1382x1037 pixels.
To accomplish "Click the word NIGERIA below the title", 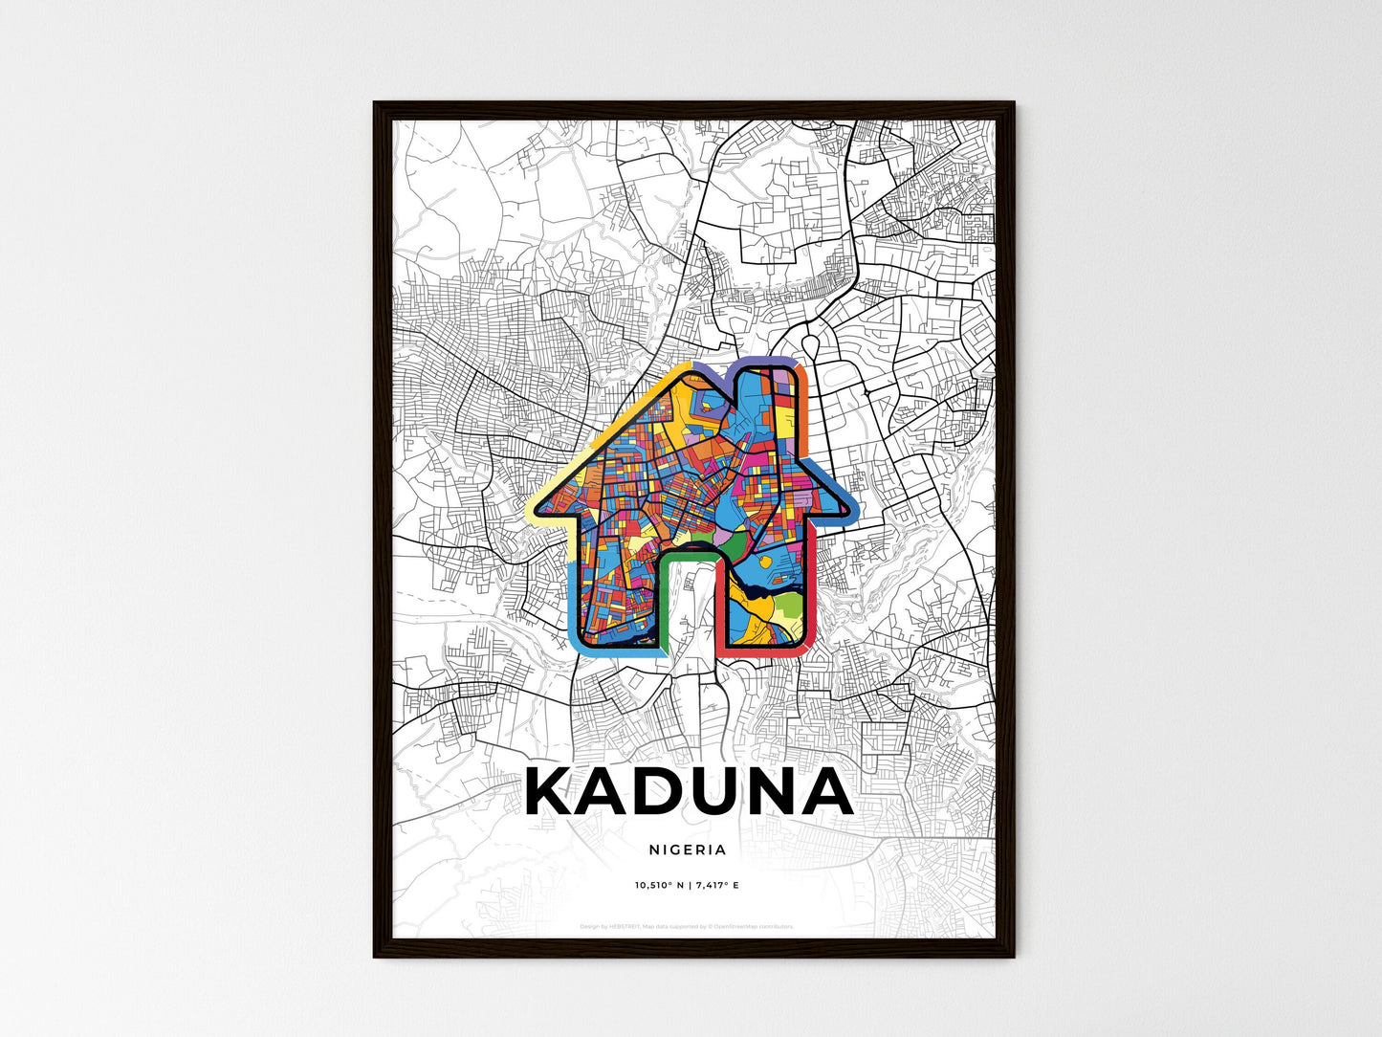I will pos(687,849).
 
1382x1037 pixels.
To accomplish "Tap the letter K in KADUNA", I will pos(553,792).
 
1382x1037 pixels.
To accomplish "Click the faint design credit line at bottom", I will pos(687,926).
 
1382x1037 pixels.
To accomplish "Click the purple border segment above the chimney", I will pos(765,361).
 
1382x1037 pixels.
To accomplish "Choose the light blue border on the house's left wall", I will pos(572,603).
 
